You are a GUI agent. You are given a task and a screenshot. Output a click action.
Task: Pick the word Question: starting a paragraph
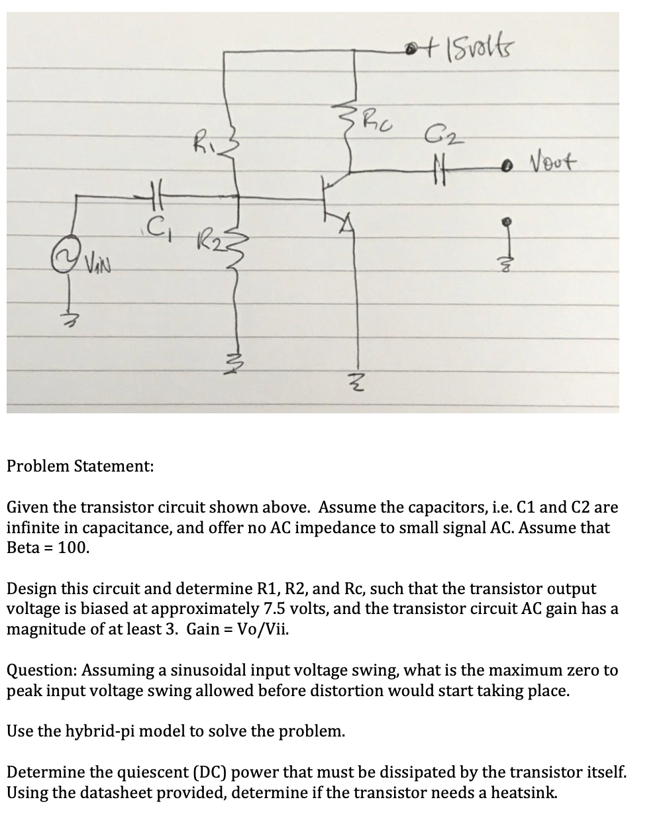pos(39,670)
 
